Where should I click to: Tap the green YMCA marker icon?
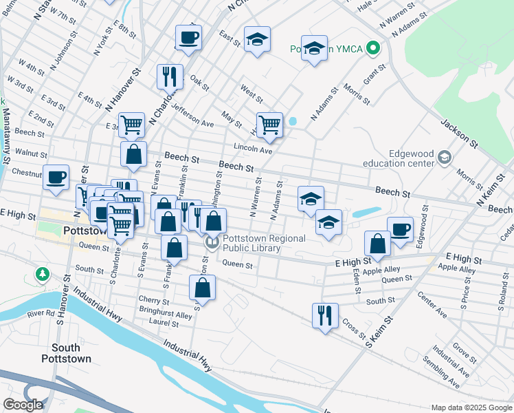pos(373,48)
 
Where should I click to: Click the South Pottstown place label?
pos(66,353)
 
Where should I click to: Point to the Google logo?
pos(23,405)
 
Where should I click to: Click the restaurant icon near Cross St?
pos(324,315)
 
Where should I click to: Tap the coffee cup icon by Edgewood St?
pos(400,229)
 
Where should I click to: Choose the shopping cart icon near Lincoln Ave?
pos(269,125)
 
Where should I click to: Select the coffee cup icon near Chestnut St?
pos(56,177)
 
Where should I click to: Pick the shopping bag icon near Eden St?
pos(377,242)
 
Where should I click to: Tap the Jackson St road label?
pos(459,134)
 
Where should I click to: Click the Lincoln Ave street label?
pos(253,149)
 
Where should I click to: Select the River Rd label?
pos(41,313)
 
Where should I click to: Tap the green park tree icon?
pos(43,275)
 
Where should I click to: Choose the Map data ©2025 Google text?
pos(470,407)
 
